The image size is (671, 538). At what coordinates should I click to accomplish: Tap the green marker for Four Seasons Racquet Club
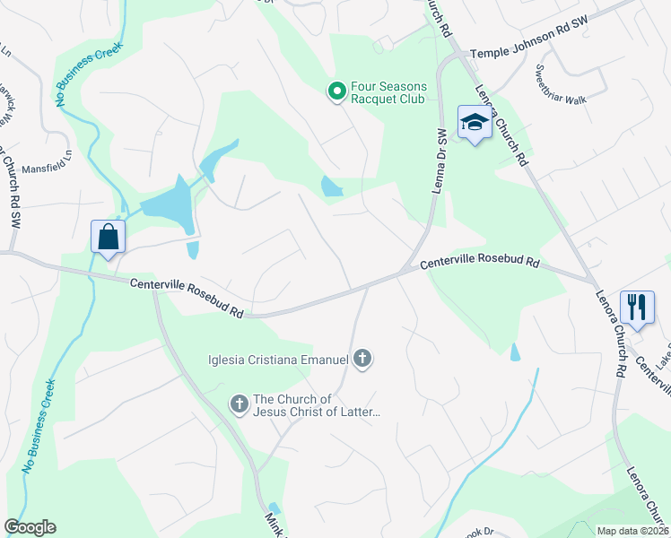pos(336,91)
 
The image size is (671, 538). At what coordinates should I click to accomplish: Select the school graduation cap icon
pos(474,124)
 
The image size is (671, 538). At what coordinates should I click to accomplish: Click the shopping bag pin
pos(108,238)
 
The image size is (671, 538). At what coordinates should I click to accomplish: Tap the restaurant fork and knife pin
pos(637,308)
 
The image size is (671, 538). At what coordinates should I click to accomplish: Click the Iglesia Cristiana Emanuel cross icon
pos(362,360)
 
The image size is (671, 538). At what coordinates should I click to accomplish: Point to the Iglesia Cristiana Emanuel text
pos(277,360)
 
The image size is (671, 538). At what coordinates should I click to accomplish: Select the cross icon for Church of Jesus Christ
pos(239,404)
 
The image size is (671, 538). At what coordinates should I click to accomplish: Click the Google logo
pos(30,527)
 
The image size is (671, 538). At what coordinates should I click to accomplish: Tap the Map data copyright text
pos(632,531)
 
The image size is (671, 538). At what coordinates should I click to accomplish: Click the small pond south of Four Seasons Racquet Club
pos(331,187)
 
